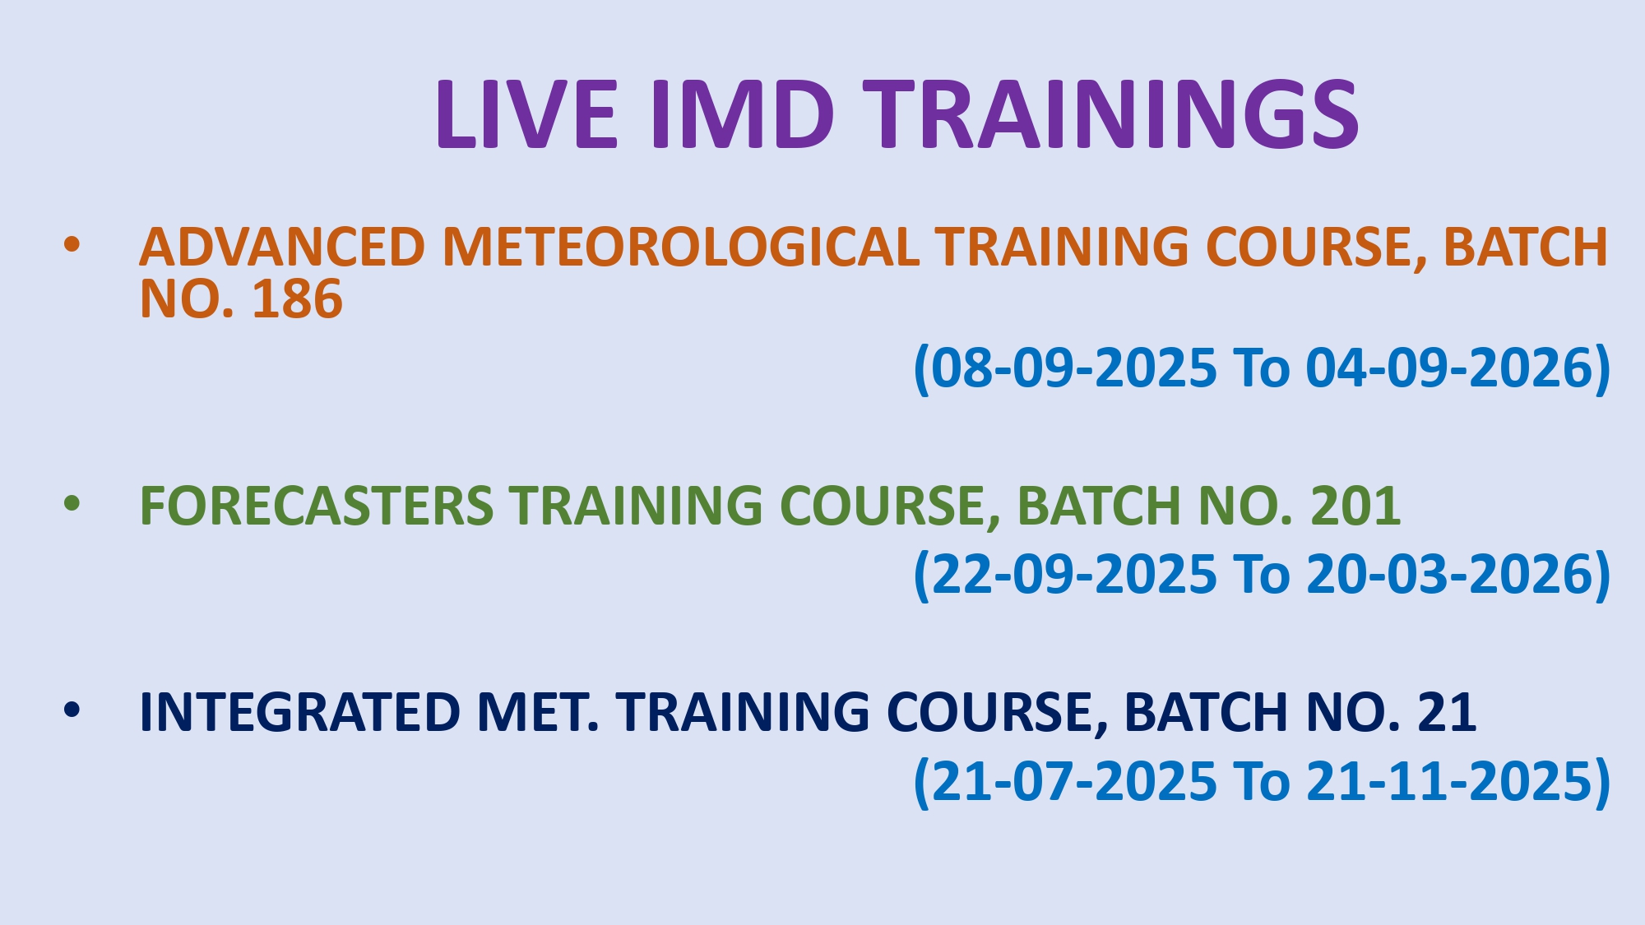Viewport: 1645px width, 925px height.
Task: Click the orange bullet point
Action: pyautogui.click(x=72, y=244)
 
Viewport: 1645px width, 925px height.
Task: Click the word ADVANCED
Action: pyautogui.click(x=282, y=247)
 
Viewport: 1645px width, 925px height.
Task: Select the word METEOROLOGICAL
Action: pyautogui.click(x=681, y=247)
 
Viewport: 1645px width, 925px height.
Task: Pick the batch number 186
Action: pyautogui.click(x=297, y=298)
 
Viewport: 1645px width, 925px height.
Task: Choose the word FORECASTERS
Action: pyautogui.click(x=317, y=505)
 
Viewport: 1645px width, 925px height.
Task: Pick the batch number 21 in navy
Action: pyautogui.click(x=1447, y=712)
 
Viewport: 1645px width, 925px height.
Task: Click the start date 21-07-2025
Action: pyautogui.click(x=1073, y=781)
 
